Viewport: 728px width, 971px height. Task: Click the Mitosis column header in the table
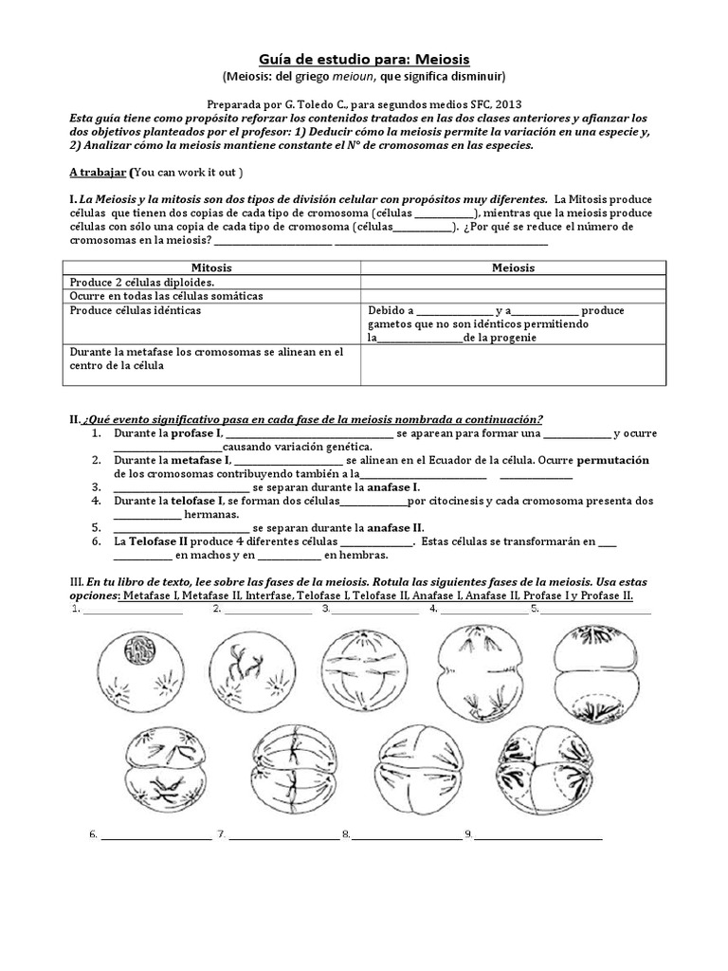coord(211,267)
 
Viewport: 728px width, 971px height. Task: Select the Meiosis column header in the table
coord(513,267)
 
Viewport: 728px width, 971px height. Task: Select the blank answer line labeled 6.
coord(155,836)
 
